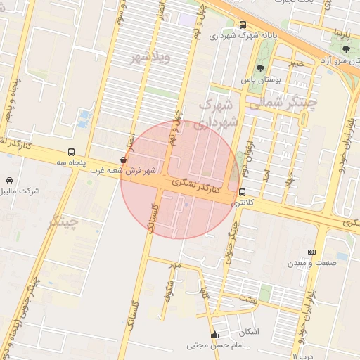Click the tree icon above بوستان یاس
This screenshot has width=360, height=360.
tap(261, 68)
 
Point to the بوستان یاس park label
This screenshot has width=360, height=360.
tap(261, 80)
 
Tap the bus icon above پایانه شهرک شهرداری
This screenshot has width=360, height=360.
tap(243, 24)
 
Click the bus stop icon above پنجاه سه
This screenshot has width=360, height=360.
tap(71, 152)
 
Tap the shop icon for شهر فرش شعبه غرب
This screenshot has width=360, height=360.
tap(124, 160)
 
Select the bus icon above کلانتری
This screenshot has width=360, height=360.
tap(242, 192)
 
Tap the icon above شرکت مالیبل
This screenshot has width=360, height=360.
tap(9, 180)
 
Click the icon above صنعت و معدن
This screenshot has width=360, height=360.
tap(312, 252)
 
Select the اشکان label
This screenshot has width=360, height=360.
tap(249, 331)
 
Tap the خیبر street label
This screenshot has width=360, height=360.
tap(299, 63)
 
